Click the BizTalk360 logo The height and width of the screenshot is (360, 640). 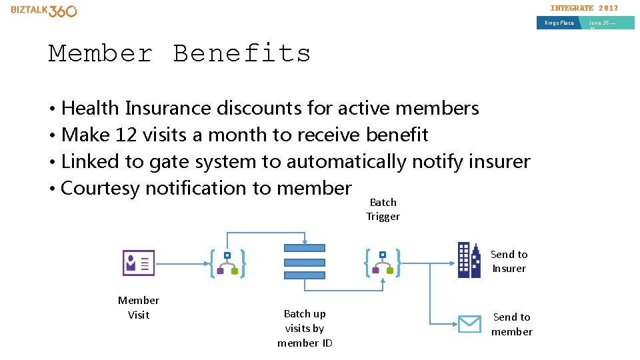(x=44, y=11)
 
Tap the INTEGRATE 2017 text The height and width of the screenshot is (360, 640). (x=583, y=8)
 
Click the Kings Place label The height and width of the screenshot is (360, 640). (x=559, y=23)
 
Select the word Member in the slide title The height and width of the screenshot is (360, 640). (x=101, y=53)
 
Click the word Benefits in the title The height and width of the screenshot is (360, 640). (x=242, y=53)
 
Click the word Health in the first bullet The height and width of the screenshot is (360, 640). (x=90, y=108)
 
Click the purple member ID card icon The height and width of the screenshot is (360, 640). (x=139, y=263)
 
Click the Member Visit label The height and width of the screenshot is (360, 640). (x=139, y=307)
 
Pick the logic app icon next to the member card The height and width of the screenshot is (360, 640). (x=227, y=263)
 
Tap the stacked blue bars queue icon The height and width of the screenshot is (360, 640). (x=305, y=261)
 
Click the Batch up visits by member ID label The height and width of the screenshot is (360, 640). (x=305, y=328)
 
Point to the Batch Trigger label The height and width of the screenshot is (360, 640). (x=383, y=209)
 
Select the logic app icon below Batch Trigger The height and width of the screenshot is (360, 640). (x=383, y=263)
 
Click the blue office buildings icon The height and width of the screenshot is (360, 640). (x=469, y=260)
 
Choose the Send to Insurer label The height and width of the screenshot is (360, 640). (x=509, y=261)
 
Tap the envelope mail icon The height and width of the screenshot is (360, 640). (x=469, y=324)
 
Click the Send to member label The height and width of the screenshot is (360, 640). (x=511, y=324)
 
